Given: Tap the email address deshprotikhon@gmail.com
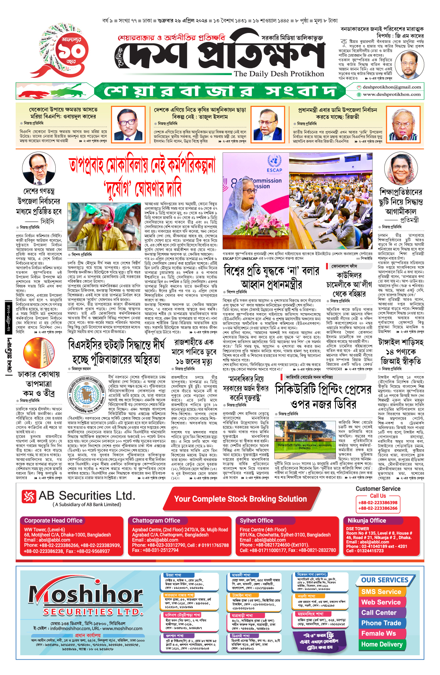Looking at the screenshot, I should (392, 87).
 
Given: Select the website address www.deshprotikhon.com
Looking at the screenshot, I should (392, 94).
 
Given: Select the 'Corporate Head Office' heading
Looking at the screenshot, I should (53, 520).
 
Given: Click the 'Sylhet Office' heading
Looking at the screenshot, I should (256, 520).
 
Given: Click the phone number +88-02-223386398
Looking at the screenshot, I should (378, 502).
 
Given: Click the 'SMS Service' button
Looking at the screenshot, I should (381, 592).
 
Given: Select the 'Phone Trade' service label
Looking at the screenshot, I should (381, 623).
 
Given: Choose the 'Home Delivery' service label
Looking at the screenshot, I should (382, 644).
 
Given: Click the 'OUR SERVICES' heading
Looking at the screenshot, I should (385, 580).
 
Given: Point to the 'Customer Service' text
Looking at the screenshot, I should (378, 489).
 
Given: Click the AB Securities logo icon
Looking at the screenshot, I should (29, 496).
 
